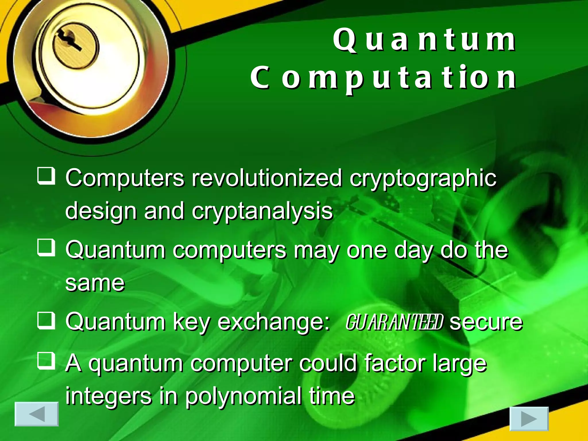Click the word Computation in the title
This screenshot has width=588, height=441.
(383, 78)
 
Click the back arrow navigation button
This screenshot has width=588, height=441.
(36, 414)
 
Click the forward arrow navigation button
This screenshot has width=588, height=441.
(529, 419)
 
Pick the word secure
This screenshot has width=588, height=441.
(486, 322)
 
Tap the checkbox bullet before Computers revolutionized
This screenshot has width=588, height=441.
(46, 176)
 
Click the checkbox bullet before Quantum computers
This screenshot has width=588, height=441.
(46, 248)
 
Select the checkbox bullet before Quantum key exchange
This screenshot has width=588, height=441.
(46, 320)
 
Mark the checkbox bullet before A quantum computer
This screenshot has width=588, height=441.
(46, 361)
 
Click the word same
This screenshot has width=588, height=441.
(95, 283)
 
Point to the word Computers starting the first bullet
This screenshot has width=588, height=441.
(125, 178)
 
